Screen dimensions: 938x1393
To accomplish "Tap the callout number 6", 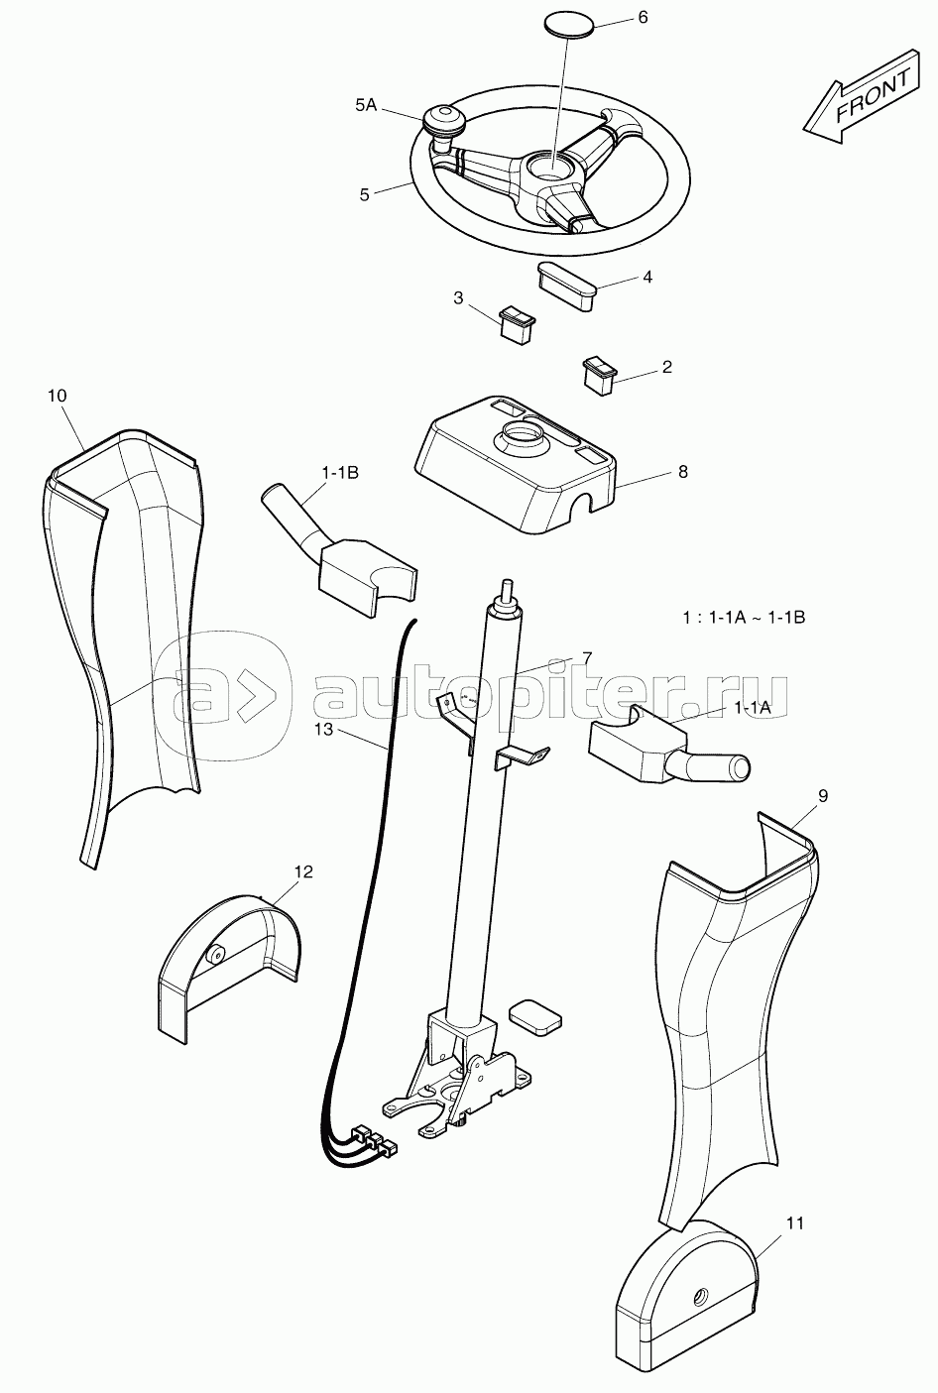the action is pyautogui.click(x=643, y=18).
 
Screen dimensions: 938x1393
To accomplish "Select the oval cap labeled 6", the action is pyautogui.click(x=569, y=26).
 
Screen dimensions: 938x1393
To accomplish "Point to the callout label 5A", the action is pyautogui.click(x=366, y=106).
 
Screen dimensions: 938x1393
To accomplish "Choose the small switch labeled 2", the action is pyautogui.click(x=599, y=375).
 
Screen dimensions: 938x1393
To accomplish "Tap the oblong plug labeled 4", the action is pyautogui.click(x=565, y=285).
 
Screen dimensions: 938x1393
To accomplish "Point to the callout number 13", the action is pyautogui.click(x=323, y=730).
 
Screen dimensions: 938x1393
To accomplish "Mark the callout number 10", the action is pyautogui.click(x=57, y=396).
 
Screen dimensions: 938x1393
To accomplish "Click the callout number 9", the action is pyautogui.click(x=823, y=796).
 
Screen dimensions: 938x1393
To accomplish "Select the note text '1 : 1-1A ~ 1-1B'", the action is pyautogui.click(x=744, y=618).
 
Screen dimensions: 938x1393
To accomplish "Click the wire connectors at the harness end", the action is pyautogui.click(x=374, y=1139).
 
